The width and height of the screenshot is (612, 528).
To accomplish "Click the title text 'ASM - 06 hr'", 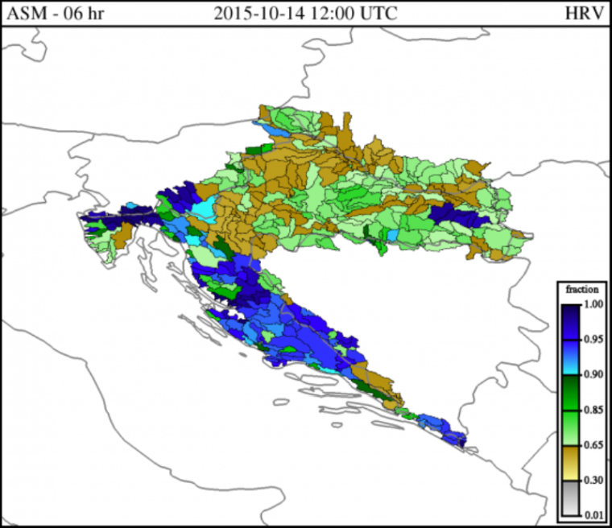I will pyautogui.click(x=54, y=14).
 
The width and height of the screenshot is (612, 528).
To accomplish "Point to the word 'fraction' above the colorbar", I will pyautogui.click(x=581, y=289).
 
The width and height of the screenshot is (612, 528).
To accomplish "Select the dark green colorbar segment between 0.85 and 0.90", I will pyautogui.click(x=569, y=392).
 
